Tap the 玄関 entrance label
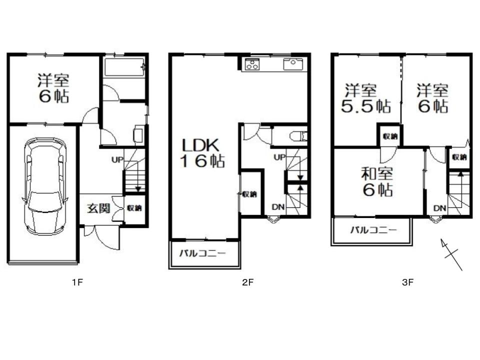click(98, 208)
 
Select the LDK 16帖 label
click(202, 153)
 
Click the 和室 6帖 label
click(377, 181)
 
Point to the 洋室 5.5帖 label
click(366, 98)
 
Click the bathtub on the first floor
click(124, 67)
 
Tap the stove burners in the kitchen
click(252, 64)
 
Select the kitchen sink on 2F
click(293, 64)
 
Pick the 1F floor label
click(77, 282)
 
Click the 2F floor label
click(247, 282)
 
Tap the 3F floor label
click(408, 282)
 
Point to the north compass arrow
click(451, 254)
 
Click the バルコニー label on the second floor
click(202, 253)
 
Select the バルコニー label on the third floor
click(373, 229)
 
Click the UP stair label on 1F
click(117, 159)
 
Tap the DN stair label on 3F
click(439, 208)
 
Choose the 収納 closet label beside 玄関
click(134, 208)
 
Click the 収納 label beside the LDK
click(249, 194)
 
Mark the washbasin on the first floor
click(138, 134)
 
